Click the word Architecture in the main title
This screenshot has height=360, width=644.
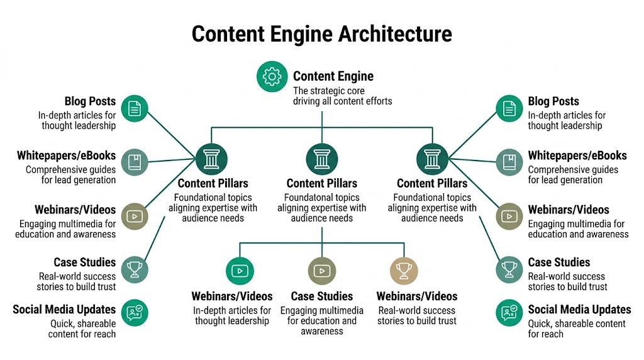click(395, 33)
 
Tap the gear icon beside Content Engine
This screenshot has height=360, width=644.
click(272, 77)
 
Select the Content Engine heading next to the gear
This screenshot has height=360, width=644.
click(333, 76)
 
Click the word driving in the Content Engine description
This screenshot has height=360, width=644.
click(310, 101)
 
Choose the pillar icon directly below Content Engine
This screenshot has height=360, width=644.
click(321, 159)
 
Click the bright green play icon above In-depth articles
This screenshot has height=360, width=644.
click(240, 271)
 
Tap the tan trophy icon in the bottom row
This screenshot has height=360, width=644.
click(404, 271)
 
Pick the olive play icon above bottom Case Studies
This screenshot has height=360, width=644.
click(321, 271)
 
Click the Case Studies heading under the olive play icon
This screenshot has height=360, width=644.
click(321, 296)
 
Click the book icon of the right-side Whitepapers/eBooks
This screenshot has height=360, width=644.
click(509, 162)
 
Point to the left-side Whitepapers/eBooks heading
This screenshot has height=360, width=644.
click(66, 155)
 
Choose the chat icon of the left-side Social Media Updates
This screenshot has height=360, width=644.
click(134, 312)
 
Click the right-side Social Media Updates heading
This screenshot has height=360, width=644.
click(579, 309)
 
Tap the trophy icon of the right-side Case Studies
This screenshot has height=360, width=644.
click(509, 270)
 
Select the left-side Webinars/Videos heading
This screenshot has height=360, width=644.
click(66, 209)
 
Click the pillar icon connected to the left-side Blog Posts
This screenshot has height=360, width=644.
click(211, 159)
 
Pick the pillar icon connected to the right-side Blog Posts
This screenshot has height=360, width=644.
click(432, 159)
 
